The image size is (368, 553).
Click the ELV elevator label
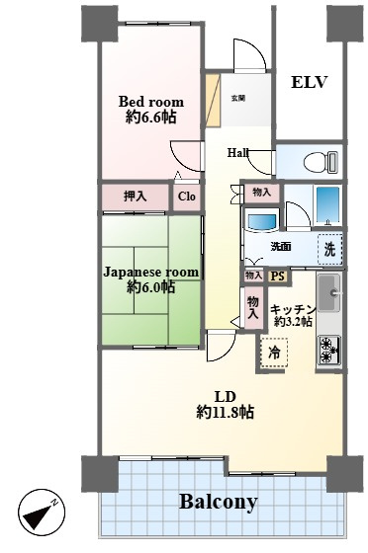pyautogui.click(x=309, y=83)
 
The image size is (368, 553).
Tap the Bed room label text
pyautogui.click(x=150, y=102)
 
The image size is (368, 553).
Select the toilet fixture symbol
pyautogui.click(x=321, y=162)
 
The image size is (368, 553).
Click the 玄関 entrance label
pyautogui.click(x=238, y=99)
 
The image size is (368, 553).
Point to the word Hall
pyautogui.click(x=237, y=153)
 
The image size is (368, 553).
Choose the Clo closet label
pyautogui.click(x=186, y=197)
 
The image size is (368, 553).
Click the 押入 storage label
pyautogui.click(x=135, y=197)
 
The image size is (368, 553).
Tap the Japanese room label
pyautogui.click(x=150, y=272)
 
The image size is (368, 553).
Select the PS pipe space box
pyautogui.click(x=278, y=276)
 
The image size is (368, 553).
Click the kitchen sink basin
pyautogui.click(x=328, y=292)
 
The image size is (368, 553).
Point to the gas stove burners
pyautogui.click(x=329, y=351)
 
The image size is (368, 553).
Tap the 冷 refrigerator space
pyautogui.click(x=274, y=353)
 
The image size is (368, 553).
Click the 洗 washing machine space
pyautogui.click(x=329, y=249)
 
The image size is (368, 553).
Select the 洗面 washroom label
pyautogui.click(x=281, y=247)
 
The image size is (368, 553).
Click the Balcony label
pyautogui.click(x=219, y=502)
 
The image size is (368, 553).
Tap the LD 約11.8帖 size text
pyautogui.click(x=225, y=412)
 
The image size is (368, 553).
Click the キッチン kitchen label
pyautogui.click(x=293, y=309)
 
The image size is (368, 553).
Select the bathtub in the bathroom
pyautogui.click(x=327, y=204)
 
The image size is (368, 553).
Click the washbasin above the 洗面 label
pyautogui.click(x=262, y=221)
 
